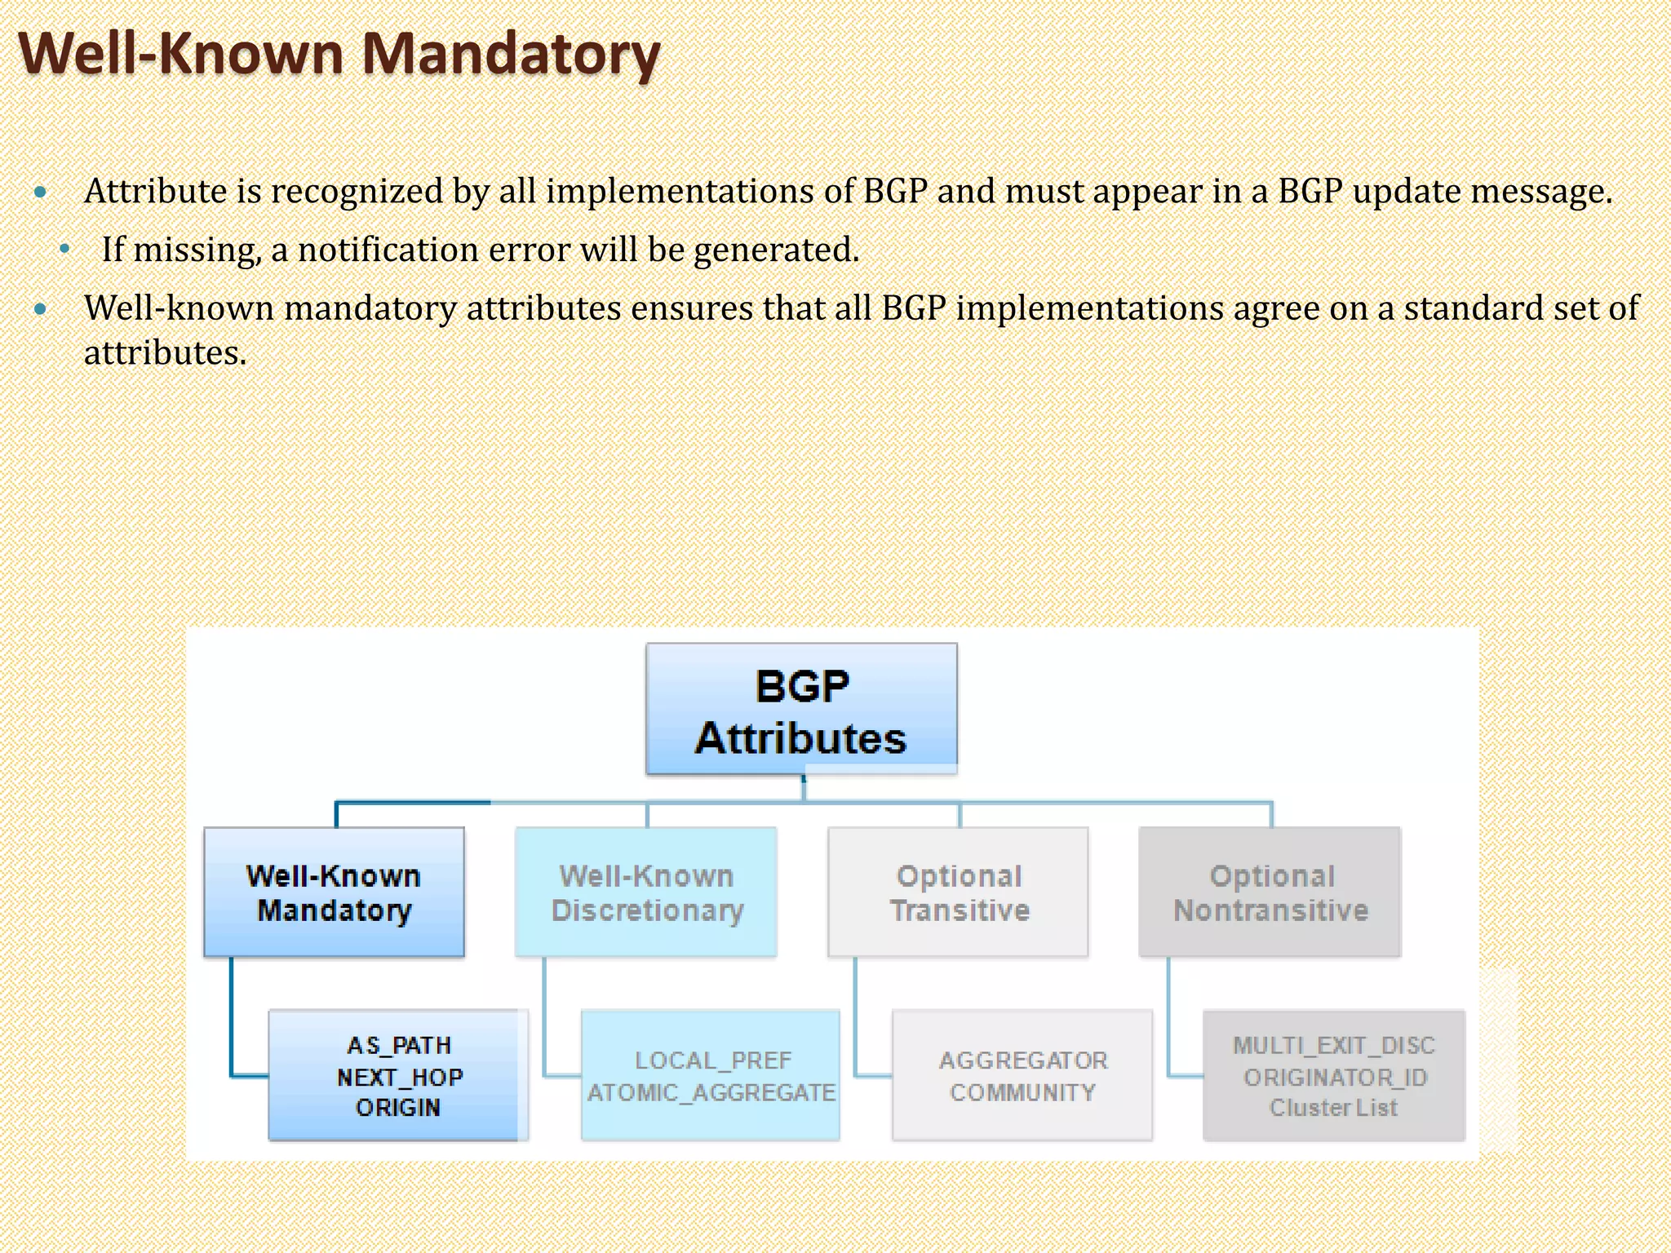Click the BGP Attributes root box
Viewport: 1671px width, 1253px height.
[x=801, y=709]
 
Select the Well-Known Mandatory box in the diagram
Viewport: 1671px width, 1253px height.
[x=334, y=892]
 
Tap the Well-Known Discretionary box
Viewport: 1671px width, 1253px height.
[x=646, y=892]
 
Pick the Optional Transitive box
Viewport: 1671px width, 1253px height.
[x=959, y=892]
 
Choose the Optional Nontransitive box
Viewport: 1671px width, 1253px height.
[x=1270, y=892]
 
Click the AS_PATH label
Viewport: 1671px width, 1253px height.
[x=399, y=1045]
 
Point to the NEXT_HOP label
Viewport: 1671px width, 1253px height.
[x=399, y=1077]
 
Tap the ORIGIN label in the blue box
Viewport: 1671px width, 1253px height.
[x=398, y=1108]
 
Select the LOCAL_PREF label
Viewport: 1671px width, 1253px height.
[x=713, y=1060]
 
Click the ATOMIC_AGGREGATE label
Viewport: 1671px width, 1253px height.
[x=711, y=1092]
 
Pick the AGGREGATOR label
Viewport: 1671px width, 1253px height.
[x=1023, y=1060]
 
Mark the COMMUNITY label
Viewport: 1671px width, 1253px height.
[x=1022, y=1092]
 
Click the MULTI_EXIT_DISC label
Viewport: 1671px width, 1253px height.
[x=1334, y=1045]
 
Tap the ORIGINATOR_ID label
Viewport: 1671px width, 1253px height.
[x=1335, y=1077]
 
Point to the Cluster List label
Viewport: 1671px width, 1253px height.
[x=1333, y=1108]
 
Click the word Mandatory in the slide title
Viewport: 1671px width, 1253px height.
[x=510, y=55]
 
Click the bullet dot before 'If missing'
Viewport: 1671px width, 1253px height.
[x=65, y=250]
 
